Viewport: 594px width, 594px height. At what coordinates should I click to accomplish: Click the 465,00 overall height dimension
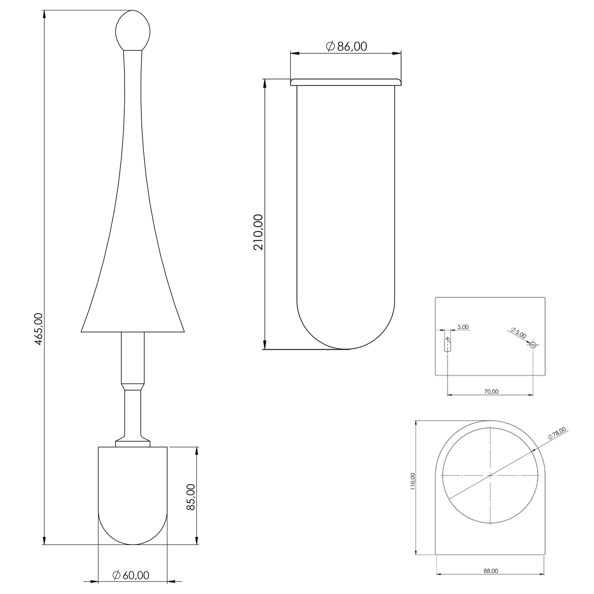(x=38, y=328)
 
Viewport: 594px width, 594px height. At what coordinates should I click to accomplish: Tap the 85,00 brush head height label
(x=191, y=497)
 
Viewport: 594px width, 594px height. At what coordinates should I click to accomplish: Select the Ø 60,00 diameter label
(x=131, y=575)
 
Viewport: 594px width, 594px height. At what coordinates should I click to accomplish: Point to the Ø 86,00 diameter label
(x=347, y=46)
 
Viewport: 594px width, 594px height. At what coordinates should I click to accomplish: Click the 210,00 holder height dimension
(x=258, y=232)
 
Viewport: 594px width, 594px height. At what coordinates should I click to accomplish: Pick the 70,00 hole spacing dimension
(x=491, y=391)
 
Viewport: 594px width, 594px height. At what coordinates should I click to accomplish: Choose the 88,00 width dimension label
(x=491, y=571)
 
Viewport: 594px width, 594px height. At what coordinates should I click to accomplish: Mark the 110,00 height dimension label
(x=413, y=482)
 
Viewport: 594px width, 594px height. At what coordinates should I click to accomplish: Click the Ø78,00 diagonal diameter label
(x=558, y=432)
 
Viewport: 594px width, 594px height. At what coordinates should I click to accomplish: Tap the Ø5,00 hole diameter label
(x=518, y=333)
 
